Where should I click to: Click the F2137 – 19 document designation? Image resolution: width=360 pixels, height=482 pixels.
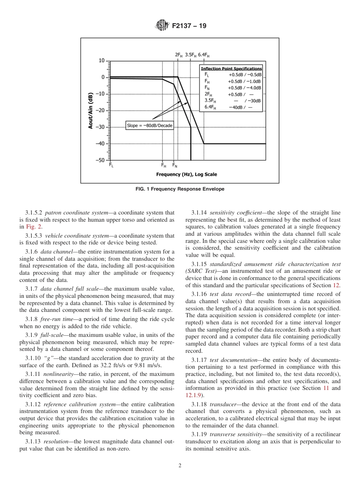coord(189,26)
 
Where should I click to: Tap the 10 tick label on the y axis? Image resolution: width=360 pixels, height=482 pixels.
coord(102,61)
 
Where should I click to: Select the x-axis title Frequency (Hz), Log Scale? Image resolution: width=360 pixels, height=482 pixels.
coord(186,174)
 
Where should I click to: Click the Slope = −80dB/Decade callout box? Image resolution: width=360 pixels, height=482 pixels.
coord(149,125)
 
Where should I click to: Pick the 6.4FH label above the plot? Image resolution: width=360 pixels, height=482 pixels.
coord(203,55)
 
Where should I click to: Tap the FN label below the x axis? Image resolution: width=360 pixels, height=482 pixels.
coord(175,165)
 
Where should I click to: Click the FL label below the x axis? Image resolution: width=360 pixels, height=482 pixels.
coord(111,165)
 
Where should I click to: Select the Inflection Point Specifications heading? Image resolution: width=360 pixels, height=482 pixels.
coord(231,69)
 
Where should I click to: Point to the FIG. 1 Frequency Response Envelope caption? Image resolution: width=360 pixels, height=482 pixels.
coord(180,189)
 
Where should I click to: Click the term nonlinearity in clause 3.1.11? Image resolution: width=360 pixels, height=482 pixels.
coord(56,374)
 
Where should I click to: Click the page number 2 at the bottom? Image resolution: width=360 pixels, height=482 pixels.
coord(180,466)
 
